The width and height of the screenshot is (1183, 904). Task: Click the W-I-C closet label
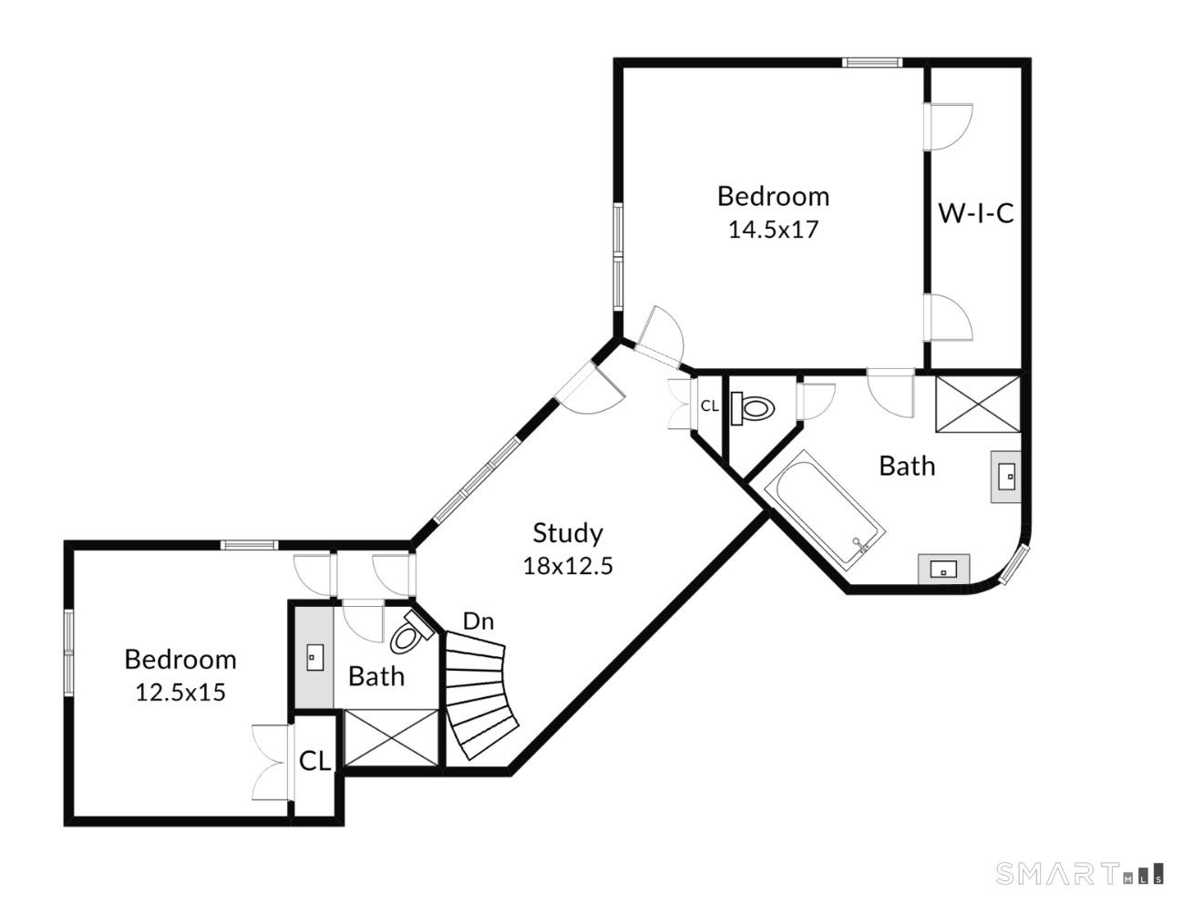975,213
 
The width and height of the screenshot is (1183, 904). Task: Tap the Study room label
568,532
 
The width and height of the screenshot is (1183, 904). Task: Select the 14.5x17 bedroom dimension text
773,230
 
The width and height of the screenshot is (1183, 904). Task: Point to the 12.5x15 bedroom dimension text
180,693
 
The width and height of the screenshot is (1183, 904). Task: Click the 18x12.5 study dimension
568,566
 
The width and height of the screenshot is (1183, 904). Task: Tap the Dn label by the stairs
478,621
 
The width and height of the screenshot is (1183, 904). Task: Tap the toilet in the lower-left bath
411,631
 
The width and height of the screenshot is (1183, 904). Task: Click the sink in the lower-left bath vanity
314,656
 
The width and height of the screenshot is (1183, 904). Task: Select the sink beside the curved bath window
943,569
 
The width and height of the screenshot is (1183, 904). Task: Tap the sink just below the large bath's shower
1006,476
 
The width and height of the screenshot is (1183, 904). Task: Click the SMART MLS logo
1079,874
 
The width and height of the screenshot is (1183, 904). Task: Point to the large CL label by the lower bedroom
314,761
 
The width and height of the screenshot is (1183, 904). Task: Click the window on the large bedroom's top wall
871,63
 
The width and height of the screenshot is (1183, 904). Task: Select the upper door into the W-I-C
948,126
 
